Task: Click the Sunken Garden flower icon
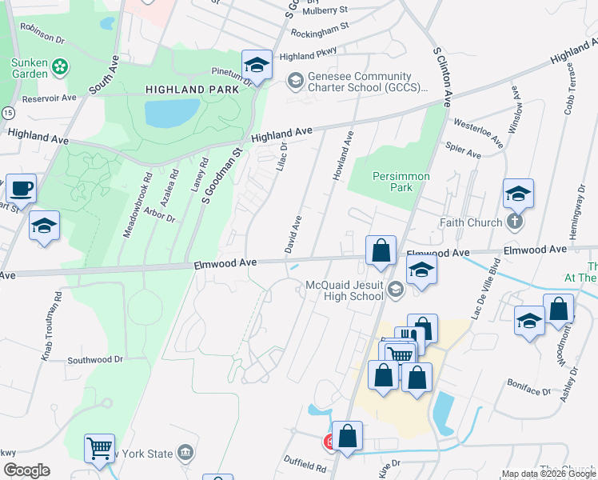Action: point(60,67)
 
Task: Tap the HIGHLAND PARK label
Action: point(192,90)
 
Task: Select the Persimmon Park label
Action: point(401,182)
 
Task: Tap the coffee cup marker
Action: point(22,190)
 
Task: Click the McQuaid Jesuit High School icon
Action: point(394,290)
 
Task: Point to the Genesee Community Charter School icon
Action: point(294,80)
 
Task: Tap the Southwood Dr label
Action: point(95,360)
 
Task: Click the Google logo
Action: point(26,470)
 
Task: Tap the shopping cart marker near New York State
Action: point(100,450)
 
